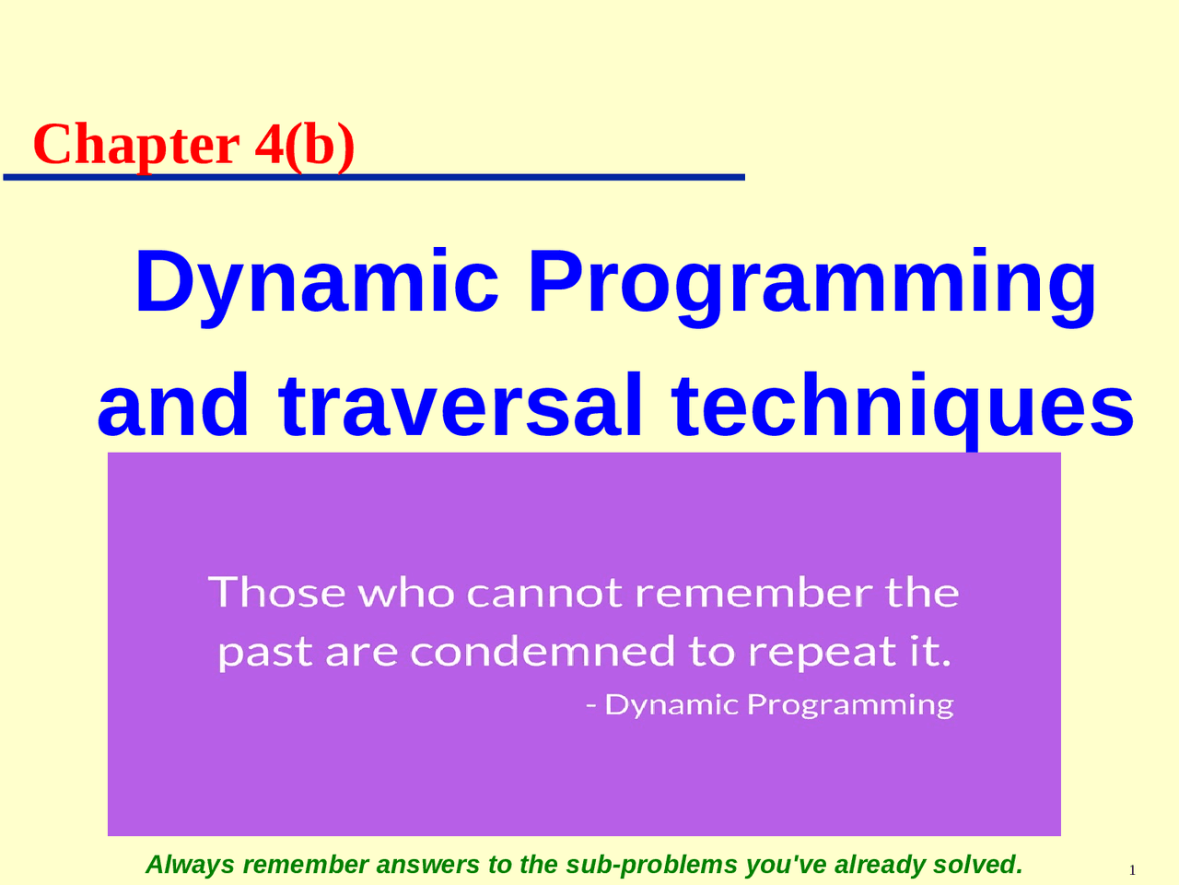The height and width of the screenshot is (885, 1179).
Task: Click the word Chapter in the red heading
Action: click(136, 145)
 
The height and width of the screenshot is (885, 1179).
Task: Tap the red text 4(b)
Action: click(305, 145)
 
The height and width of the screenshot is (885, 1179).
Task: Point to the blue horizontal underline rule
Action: click(374, 177)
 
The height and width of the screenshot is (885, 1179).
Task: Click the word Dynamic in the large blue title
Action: click(317, 284)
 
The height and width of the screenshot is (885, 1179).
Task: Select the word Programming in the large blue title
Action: click(812, 284)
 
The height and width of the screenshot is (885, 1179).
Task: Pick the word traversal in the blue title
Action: click(460, 406)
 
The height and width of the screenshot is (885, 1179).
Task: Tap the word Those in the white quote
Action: click(276, 592)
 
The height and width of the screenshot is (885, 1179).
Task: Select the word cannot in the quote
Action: click(544, 593)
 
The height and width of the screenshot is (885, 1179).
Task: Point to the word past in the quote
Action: click(265, 653)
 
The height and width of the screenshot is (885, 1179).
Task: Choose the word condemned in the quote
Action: click(543, 651)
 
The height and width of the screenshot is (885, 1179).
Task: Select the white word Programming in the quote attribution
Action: click(850, 705)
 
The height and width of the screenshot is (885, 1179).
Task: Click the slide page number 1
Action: click(1132, 870)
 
